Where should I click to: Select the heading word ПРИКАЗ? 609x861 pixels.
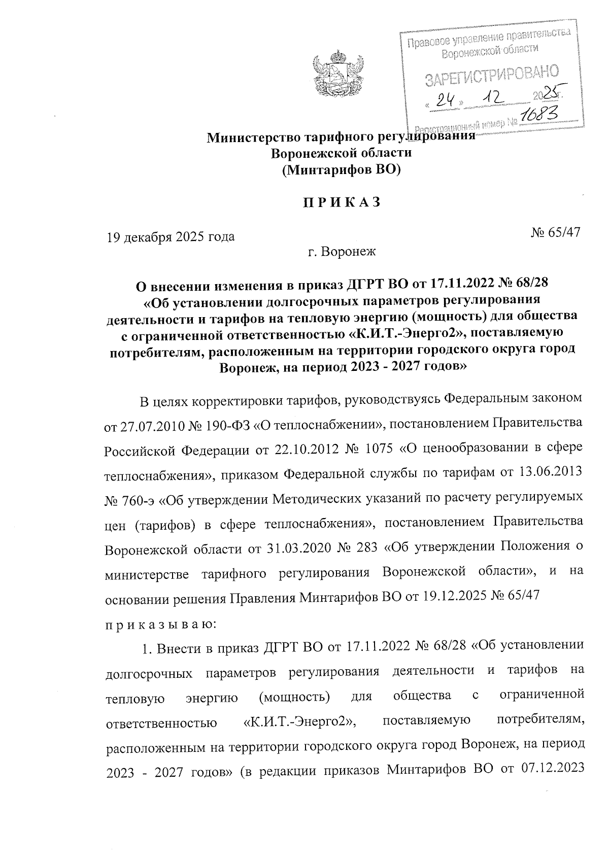click(341, 202)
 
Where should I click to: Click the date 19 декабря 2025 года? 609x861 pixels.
click(170, 236)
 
